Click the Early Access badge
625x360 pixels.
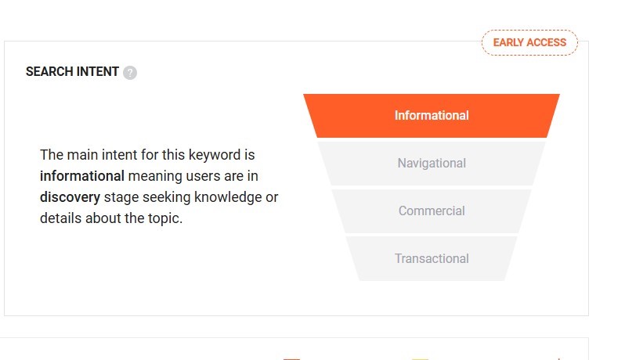tap(529, 42)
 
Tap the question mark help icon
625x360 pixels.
tap(130, 73)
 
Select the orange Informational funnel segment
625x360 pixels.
tap(432, 116)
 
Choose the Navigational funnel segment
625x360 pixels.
tap(432, 164)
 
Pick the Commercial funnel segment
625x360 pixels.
tap(432, 211)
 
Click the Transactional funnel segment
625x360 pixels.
tap(432, 259)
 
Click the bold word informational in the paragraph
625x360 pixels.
tap(82, 176)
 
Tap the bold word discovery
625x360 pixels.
tap(70, 197)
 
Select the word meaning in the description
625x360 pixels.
tap(154, 176)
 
